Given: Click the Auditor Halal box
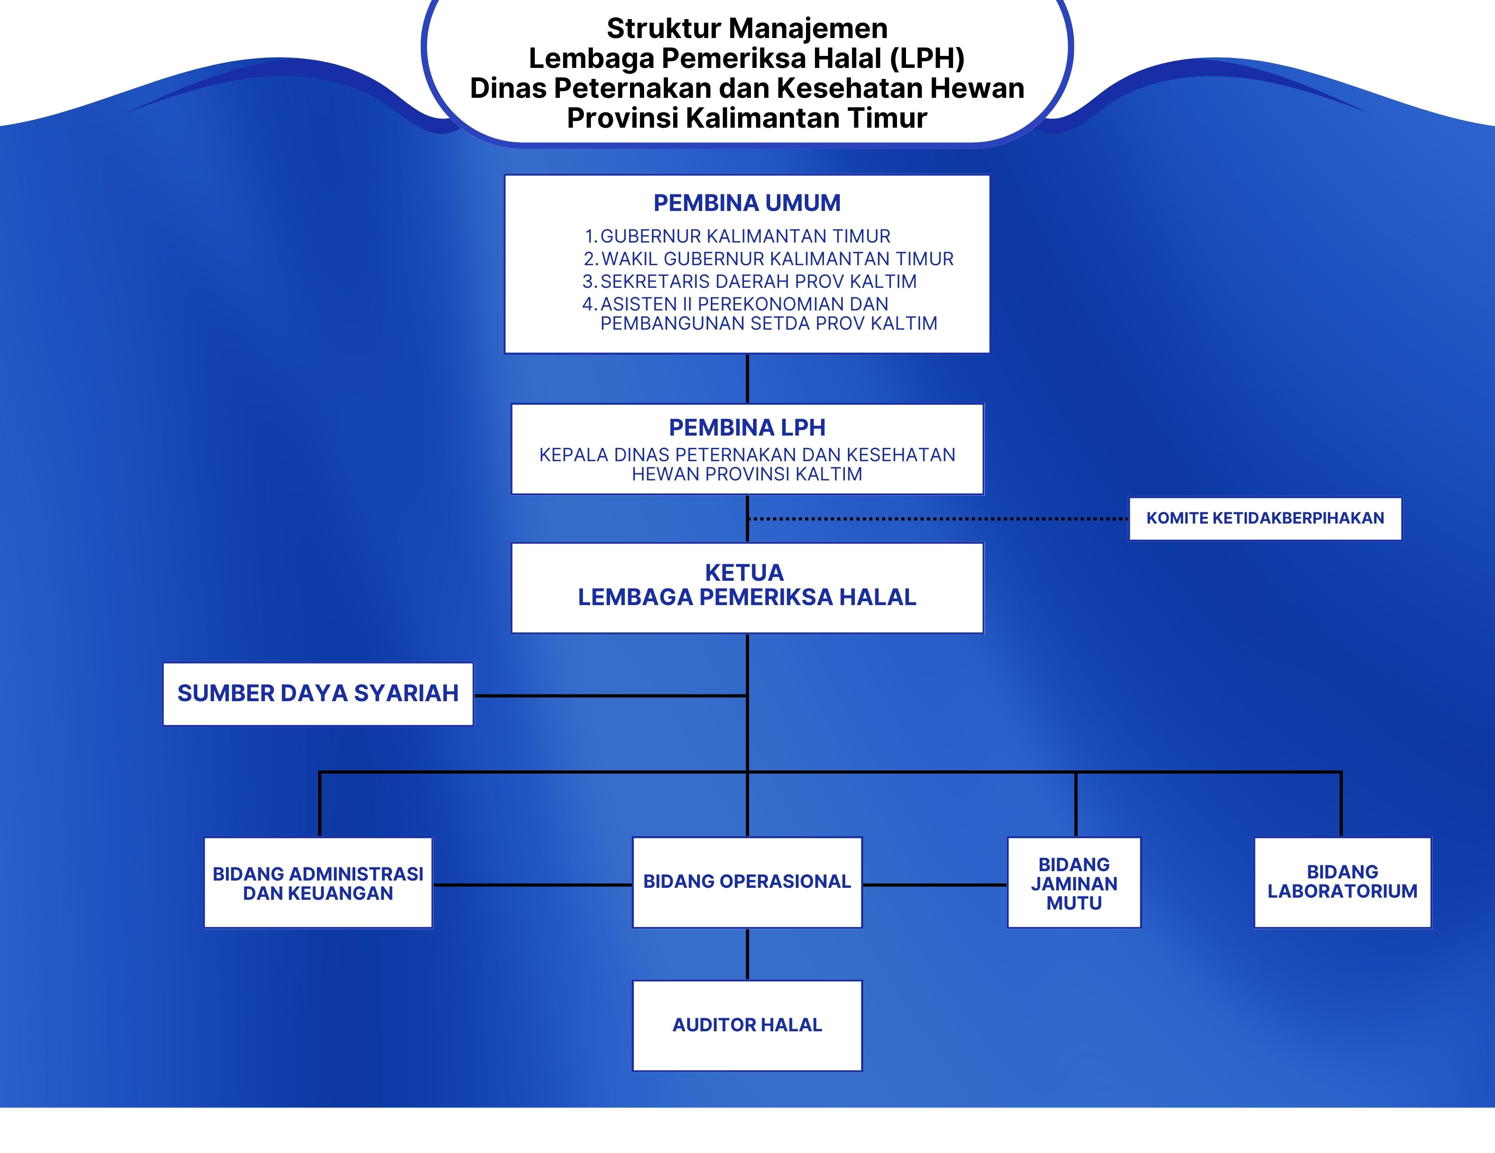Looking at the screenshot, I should click(x=747, y=1025).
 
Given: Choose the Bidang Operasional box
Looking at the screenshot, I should click(x=747, y=881).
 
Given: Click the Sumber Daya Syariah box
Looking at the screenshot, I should click(x=318, y=693).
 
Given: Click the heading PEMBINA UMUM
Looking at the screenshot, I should click(x=747, y=203).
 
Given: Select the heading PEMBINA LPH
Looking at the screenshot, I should click(x=747, y=427).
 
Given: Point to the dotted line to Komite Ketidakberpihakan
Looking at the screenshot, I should click(x=938, y=519).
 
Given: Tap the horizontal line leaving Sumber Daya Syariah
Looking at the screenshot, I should click(x=609, y=696).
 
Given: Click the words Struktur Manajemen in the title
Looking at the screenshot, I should click(x=747, y=29).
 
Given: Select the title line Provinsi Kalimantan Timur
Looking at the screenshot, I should click(x=747, y=118).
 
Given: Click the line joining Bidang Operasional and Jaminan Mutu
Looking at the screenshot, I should click(x=935, y=885).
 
